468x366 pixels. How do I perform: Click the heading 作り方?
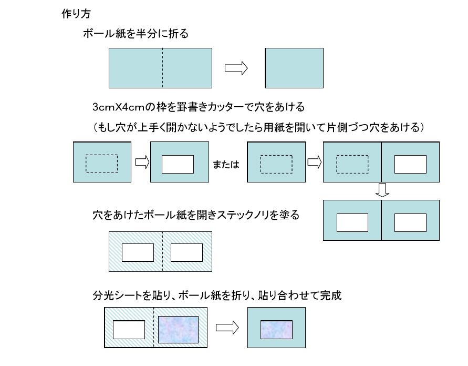coord(76,14)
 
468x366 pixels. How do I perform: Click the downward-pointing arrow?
coord(382,190)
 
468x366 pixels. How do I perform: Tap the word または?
coord(226,164)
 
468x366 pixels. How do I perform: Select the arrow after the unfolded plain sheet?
coord(236,68)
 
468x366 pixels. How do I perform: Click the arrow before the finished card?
coord(227,328)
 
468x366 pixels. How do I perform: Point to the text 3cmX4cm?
coord(119,107)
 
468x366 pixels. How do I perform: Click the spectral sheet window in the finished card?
coord(276,330)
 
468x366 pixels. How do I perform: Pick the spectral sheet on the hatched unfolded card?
coord(178,330)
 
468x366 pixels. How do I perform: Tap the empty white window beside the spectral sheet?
coord(129,330)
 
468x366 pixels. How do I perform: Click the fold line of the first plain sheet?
coord(163,68)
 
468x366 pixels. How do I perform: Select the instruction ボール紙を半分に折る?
coord(136,34)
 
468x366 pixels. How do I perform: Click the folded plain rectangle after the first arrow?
coord(294,68)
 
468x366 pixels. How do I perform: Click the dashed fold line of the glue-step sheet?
coord(163,251)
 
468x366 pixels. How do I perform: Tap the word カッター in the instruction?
coord(224,107)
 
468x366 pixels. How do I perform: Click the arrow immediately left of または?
coord(142,162)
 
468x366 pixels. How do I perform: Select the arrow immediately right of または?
coord(315,162)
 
